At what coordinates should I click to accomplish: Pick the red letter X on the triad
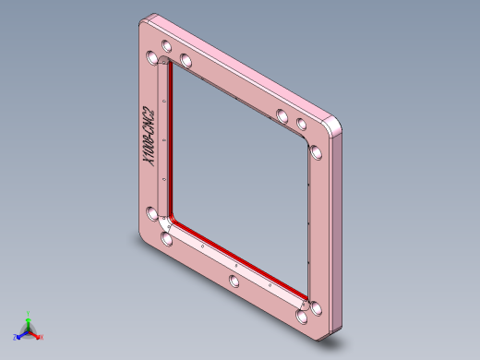(42, 338)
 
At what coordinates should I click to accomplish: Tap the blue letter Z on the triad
(15, 338)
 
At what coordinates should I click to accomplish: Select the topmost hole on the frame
(166, 45)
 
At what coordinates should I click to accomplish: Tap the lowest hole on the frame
(304, 318)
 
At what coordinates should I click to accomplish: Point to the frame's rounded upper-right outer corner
(337, 122)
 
